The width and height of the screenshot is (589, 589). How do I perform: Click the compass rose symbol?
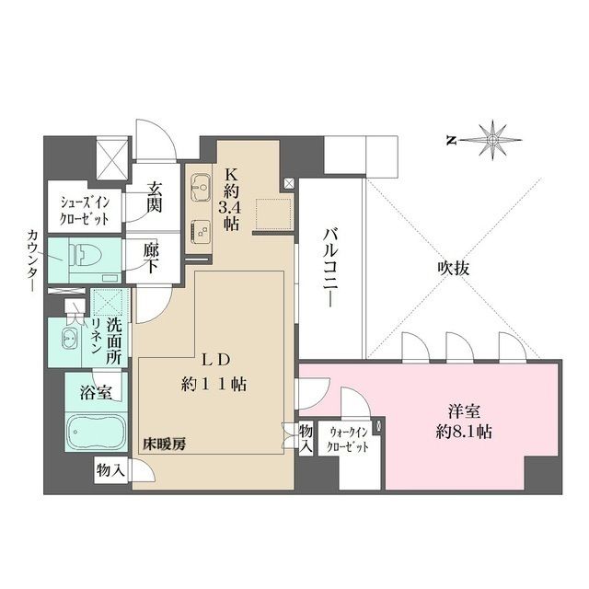495,140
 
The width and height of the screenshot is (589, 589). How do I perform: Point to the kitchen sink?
198,191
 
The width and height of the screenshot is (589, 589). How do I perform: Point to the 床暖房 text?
163,445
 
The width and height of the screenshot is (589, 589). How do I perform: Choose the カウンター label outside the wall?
21,262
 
